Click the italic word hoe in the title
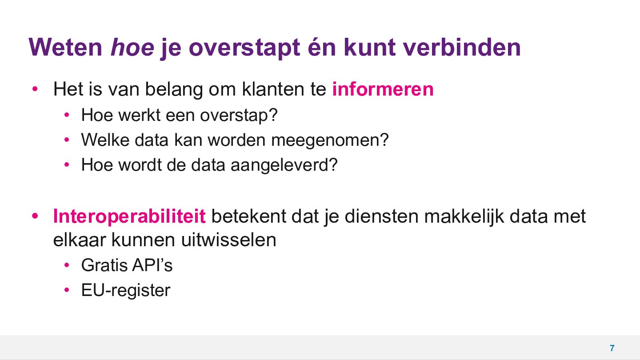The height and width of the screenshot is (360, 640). coord(132,47)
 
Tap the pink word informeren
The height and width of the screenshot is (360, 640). coord(383,89)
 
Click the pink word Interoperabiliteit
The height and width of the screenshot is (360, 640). coord(129,216)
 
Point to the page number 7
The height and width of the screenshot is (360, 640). coord(612,348)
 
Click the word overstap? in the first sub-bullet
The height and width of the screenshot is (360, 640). coord(239,115)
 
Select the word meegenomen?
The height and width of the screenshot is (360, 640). coord(330,140)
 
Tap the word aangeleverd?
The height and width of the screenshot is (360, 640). coord(284,165)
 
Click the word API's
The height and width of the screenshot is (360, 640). coord(152,265)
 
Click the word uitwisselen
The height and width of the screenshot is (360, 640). coord(229,240)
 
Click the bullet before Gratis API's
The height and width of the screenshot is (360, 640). coord(67,265)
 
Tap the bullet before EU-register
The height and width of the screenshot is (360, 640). coord(67,290)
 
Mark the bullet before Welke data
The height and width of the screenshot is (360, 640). coord(67,140)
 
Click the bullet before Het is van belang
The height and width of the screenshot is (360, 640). coord(35,89)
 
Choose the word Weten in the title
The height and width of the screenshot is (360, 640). coord(65,47)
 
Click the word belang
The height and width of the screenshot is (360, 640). coord(174,89)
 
